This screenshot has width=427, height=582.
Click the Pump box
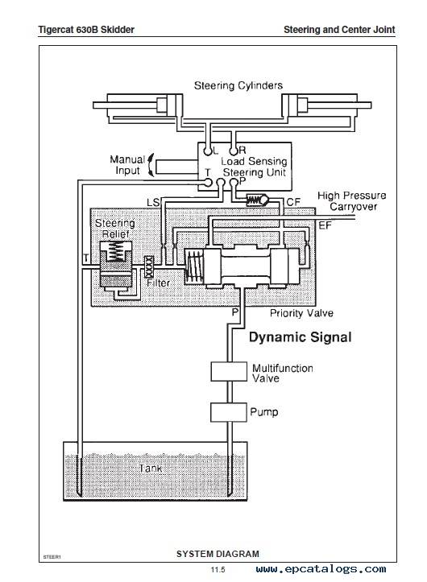click(229, 412)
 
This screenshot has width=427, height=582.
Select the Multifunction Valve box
click(229, 372)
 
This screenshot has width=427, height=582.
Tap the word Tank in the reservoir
click(151, 468)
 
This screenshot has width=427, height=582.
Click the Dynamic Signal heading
click(301, 337)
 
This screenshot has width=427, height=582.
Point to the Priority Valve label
click(301, 313)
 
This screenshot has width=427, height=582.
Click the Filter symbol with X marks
click(149, 266)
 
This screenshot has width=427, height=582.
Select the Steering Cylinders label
click(238, 85)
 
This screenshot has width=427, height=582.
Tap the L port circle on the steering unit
click(208, 151)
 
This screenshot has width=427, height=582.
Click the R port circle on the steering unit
click(233, 151)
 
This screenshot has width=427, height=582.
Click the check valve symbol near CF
click(257, 200)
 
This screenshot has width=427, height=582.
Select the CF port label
click(293, 202)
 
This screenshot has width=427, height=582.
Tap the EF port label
click(325, 225)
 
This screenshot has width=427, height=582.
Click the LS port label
click(153, 202)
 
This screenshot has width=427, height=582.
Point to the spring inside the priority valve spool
click(194, 266)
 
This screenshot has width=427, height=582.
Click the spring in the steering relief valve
click(115, 251)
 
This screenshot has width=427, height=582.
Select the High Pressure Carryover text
click(352, 200)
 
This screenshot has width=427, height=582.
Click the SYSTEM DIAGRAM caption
click(218, 554)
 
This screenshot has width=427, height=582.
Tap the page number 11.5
click(218, 570)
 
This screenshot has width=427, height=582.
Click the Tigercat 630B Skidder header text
click(86, 30)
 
